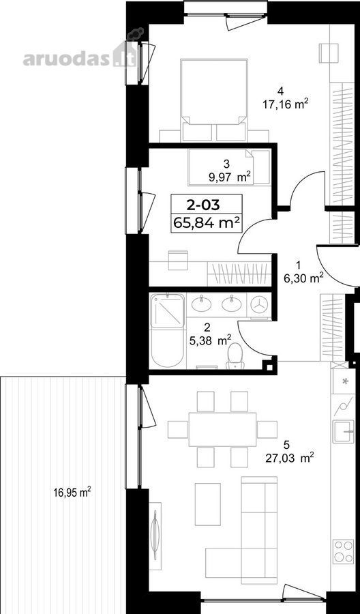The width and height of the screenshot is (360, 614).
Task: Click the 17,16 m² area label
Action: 285,104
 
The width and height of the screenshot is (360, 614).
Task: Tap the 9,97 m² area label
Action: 230,177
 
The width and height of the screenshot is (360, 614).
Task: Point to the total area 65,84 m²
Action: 207,223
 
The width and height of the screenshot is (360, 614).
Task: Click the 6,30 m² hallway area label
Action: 303,278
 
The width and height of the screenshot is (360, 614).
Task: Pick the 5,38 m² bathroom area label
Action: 210,340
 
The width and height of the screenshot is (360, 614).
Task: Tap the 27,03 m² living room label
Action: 290,457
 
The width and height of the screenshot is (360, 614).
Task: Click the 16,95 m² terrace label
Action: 72,491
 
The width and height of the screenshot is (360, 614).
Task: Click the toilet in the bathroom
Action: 235,356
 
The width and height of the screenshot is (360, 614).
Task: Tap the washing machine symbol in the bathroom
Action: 260,304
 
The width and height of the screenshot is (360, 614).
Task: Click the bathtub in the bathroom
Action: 166,348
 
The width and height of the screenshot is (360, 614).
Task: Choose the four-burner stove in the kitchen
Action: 343,551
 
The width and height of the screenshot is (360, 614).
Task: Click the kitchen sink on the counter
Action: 343,432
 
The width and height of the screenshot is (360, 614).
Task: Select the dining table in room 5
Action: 223,429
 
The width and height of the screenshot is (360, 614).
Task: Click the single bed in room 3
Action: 229,167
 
